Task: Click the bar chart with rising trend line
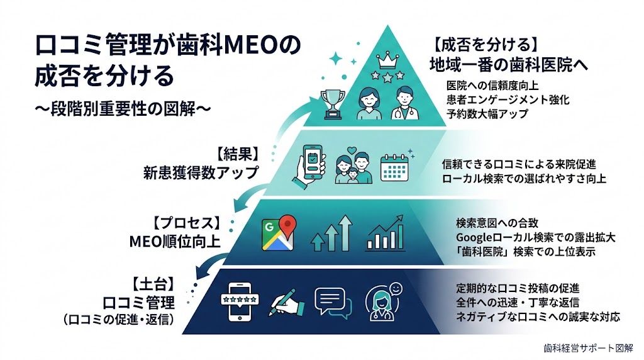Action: tap(386, 235)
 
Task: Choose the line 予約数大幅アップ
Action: tap(487, 114)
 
